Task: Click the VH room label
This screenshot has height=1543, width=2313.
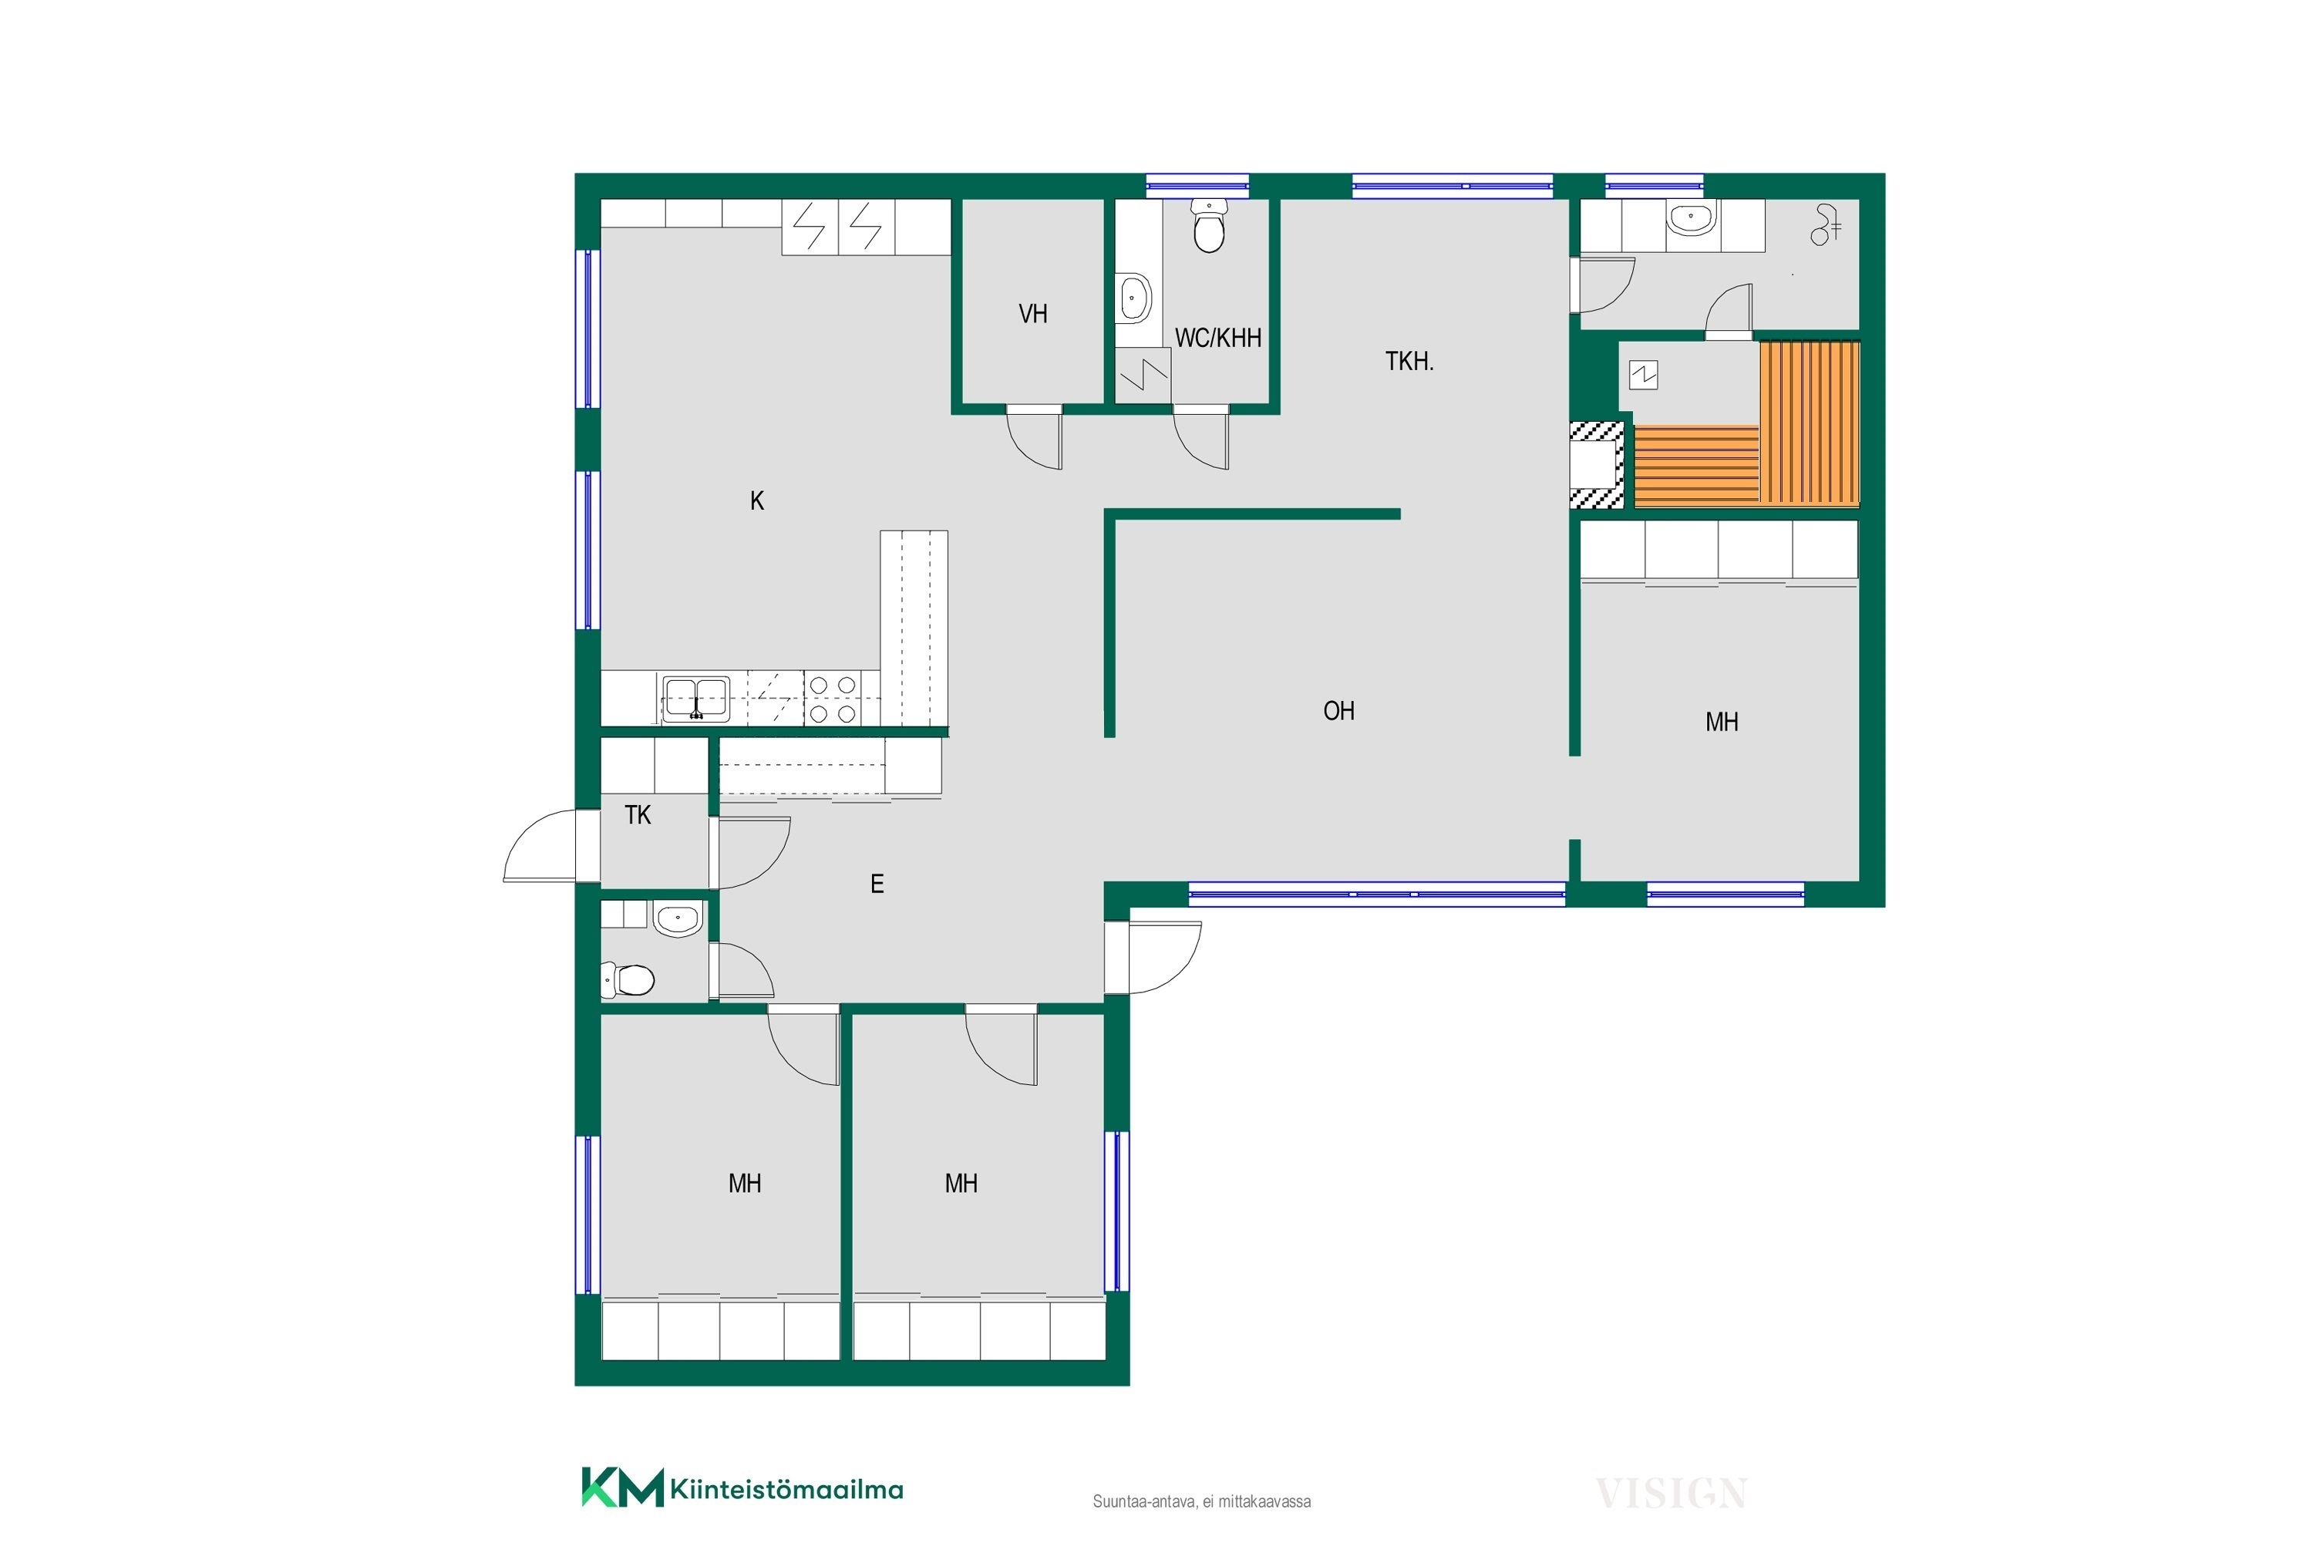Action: tap(1032, 314)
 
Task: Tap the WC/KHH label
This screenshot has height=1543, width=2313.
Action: tap(1218, 338)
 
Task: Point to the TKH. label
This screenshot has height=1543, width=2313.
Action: tap(1409, 361)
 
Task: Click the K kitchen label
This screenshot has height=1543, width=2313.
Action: tap(756, 501)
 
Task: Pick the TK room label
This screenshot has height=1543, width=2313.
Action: tap(638, 815)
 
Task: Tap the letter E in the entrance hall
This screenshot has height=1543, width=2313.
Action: tap(877, 884)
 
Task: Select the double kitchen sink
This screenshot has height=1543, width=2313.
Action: tap(695, 699)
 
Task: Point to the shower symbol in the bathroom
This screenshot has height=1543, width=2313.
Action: tap(1825, 224)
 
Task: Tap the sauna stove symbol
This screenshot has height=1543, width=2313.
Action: tap(1643, 375)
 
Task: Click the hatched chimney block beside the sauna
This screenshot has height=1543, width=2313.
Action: tap(1596, 464)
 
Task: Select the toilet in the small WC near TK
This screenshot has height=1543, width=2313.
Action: tap(628, 979)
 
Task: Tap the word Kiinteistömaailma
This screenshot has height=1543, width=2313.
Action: tap(786, 1489)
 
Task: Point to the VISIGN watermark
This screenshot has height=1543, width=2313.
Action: tap(1671, 1494)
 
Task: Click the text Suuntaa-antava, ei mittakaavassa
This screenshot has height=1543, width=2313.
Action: tap(1201, 1501)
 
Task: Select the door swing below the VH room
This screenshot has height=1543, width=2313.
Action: tap(1034, 438)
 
